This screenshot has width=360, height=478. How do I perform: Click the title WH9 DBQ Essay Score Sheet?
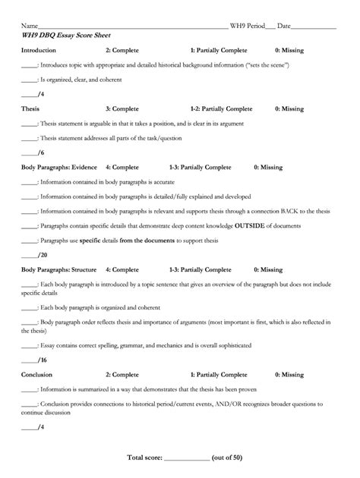pos(62,35)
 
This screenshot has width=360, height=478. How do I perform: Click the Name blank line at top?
pos(129,27)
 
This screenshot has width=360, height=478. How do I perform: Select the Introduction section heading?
pos(39,50)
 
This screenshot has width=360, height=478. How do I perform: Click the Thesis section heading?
pos(30,109)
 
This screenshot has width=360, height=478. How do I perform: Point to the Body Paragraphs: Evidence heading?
pos(58,167)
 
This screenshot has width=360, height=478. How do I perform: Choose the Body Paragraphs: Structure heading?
pos(58,269)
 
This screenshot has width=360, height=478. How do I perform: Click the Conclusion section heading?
pos(36,374)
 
